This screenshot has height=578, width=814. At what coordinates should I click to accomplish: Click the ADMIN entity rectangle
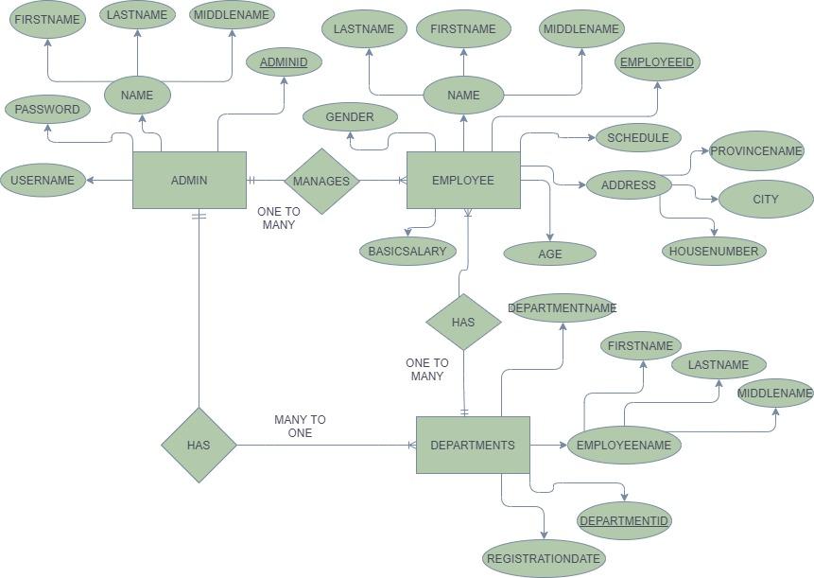[189, 180]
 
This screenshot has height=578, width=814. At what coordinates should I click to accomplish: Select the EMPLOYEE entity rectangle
[463, 180]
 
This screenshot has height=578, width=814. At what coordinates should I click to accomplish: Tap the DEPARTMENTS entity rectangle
[473, 445]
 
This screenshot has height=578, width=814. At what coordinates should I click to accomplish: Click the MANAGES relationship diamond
[321, 181]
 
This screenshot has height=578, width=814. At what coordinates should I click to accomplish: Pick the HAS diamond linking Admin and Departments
[199, 445]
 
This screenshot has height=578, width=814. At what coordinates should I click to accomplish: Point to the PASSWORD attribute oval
[47, 109]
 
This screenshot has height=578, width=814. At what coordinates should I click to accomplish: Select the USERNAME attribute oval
[43, 180]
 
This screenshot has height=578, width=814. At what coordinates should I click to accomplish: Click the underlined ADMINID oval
[284, 62]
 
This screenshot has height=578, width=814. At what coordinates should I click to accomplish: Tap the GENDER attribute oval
[350, 117]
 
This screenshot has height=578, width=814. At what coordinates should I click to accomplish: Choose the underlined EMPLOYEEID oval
[656, 62]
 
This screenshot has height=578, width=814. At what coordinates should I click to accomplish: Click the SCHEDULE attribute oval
[638, 137]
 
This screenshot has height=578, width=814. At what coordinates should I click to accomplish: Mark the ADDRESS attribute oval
[629, 184]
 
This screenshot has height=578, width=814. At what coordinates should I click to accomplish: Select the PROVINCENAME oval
[756, 150]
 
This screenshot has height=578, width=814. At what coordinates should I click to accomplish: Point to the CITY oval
[766, 199]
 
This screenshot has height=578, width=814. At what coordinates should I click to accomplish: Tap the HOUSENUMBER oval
[714, 251]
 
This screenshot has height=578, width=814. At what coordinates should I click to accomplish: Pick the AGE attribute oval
[550, 254]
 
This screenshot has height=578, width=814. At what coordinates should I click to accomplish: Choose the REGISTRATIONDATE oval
[544, 558]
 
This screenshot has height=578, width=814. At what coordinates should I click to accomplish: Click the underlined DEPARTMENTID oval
[624, 520]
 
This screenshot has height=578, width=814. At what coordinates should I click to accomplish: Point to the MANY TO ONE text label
[300, 426]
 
